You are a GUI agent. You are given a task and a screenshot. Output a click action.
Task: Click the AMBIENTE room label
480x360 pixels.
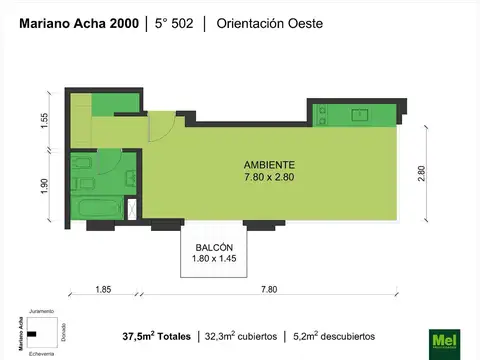tap(270, 165)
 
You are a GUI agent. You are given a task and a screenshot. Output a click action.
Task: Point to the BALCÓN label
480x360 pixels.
tap(214, 247)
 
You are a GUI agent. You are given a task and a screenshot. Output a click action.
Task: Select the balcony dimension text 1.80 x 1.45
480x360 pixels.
tap(214, 259)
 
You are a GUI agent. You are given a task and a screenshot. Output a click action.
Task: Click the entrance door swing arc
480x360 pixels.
tap(160, 128)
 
